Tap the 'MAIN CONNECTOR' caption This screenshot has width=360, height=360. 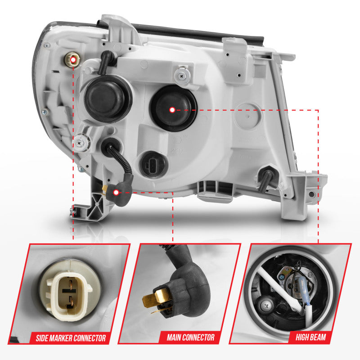[x=190, y=337]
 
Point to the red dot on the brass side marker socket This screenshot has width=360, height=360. [x=72, y=59]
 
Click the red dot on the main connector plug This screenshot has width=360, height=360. [x=116, y=193]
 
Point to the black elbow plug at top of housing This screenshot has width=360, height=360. [x=107, y=60]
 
